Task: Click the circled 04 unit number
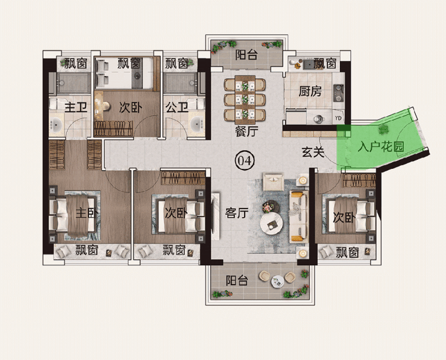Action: pos(244,160)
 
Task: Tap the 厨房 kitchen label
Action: pos(310,91)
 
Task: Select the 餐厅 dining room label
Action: pos(247,131)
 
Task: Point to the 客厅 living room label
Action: pos(237,213)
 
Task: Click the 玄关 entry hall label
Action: pos(313,152)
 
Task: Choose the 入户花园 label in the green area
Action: pos(380,147)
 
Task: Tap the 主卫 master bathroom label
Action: pos(75,108)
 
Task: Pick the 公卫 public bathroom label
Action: pos(177,108)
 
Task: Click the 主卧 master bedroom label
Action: pos(86,213)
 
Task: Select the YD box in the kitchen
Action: pos(338,118)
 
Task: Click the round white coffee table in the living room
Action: pos(271,223)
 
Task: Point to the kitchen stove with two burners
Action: pos(339,93)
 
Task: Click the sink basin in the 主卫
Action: pos(56,125)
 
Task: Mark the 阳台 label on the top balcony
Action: pos(247,55)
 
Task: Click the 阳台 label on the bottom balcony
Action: pos(237,280)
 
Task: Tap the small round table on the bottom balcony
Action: pos(277,281)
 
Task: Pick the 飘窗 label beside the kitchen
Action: pos(325,63)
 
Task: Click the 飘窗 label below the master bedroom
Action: pos(87,250)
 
